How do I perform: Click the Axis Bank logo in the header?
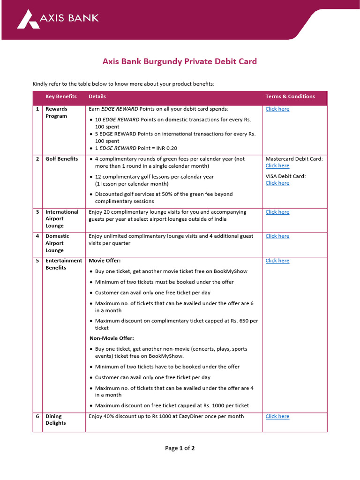58,19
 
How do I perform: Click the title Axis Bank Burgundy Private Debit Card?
180,61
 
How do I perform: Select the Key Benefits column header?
61,97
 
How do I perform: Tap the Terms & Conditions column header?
290,97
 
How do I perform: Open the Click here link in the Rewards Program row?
277,109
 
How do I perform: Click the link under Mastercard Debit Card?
277,166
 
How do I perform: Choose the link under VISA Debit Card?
277,183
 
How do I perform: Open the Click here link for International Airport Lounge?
277,212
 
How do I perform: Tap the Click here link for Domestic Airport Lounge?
277,236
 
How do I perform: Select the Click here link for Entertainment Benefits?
277,261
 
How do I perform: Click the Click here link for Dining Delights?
277,417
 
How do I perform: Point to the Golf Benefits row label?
61,159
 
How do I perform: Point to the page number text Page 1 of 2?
180,448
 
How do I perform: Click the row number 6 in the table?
37,416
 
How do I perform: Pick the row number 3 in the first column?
37,212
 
